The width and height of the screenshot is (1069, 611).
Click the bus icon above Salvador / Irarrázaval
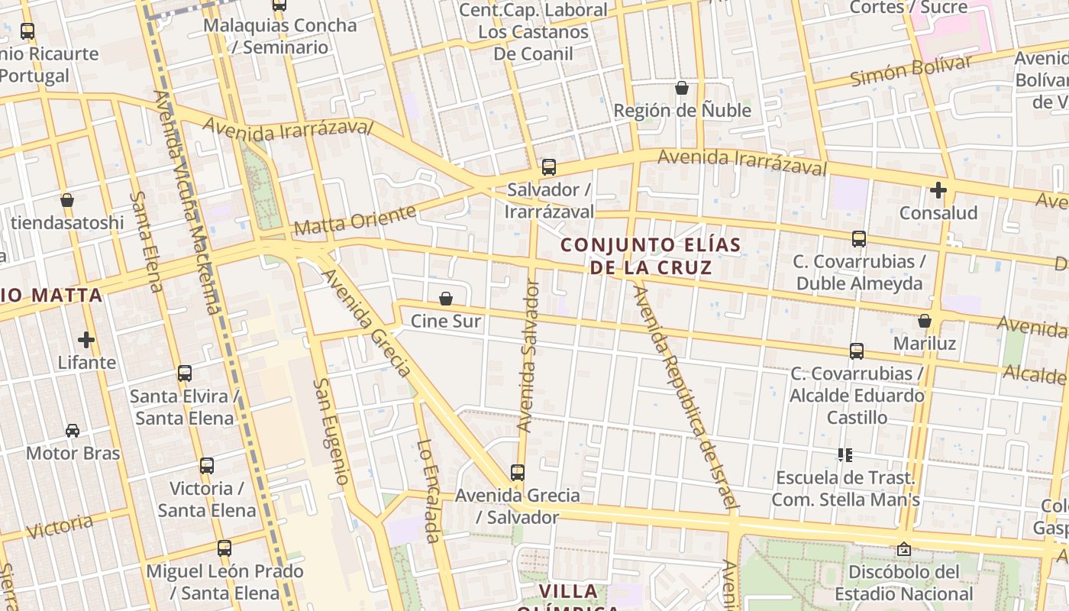(x=548, y=167)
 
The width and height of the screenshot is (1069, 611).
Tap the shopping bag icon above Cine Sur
(x=446, y=299)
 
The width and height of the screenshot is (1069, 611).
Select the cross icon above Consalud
(x=938, y=189)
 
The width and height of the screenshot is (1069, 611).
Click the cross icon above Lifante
(x=86, y=339)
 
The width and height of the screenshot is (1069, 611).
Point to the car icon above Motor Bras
(x=73, y=431)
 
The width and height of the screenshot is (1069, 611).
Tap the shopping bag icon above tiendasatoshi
(x=67, y=200)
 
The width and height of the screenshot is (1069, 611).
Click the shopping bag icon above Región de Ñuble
(x=682, y=89)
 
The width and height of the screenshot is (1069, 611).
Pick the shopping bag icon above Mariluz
(x=924, y=321)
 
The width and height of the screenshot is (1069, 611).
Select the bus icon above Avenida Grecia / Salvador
(x=518, y=473)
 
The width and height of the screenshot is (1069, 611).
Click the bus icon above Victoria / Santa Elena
(x=206, y=466)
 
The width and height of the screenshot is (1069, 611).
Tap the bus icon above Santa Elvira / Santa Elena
(x=185, y=373)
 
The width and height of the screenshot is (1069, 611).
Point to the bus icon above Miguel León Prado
(x=224, y=548)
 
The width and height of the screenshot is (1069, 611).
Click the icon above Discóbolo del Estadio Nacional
(x=904, y=549)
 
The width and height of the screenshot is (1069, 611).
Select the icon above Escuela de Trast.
(x=845, y=455)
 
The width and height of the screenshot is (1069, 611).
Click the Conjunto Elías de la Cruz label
(x=651, y=256)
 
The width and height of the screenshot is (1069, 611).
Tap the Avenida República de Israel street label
(x=686, y=397)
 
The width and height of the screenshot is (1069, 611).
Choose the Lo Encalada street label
(x=429, y=491)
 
